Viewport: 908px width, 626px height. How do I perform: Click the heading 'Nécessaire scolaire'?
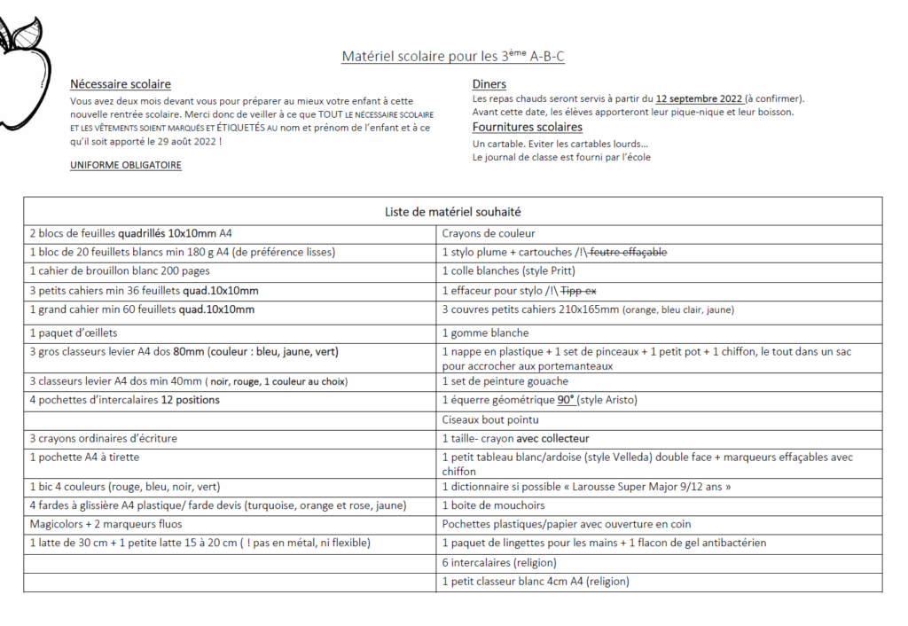point(121,84)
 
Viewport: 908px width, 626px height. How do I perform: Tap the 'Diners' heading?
point(489,84)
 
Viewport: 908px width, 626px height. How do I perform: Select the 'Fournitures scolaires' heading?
point(528,127)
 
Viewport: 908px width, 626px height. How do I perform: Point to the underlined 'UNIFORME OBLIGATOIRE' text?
point(126,165)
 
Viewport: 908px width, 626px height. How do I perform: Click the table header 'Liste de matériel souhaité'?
point(452,212)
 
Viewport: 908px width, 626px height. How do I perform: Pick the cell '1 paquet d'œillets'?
point(74,333)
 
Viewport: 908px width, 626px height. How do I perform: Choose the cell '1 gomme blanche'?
point(485,333)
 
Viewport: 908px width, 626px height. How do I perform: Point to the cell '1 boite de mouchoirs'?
point(494,505)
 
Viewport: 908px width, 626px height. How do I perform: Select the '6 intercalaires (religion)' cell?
point(499,562)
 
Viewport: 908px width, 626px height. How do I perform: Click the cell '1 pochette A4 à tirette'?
point(84,457)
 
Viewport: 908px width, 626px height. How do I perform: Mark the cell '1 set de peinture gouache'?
point(505,381)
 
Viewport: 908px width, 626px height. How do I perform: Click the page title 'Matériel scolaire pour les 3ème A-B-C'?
point(453,57)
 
